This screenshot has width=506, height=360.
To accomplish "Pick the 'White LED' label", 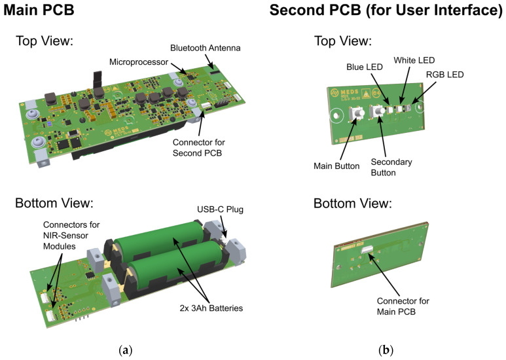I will click(414, 60).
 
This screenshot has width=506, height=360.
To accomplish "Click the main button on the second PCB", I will click(358, 115).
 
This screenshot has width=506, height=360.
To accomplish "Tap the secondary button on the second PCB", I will click(379, 114).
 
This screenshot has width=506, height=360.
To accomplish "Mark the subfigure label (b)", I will click(386, 350).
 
